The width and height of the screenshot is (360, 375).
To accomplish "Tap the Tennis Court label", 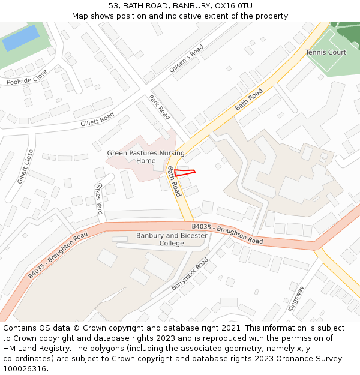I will tap(326, 53).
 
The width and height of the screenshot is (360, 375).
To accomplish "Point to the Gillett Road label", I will tap(97, 119).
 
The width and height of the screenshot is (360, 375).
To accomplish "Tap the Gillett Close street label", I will tap(25, 167).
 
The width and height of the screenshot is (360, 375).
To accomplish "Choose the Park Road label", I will tap(160, 107).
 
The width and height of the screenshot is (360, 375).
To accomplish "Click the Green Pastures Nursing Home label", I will tap(146, 157).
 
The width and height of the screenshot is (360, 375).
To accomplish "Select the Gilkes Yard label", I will tap(100, 199).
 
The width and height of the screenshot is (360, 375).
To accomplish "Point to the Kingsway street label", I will tap(296, 298).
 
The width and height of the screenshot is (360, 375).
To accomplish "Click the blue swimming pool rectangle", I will tap(21, 38).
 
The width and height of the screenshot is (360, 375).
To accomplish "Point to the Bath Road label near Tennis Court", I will tap(249, 99).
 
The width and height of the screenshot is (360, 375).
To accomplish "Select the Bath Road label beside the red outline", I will tap(174, 181).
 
